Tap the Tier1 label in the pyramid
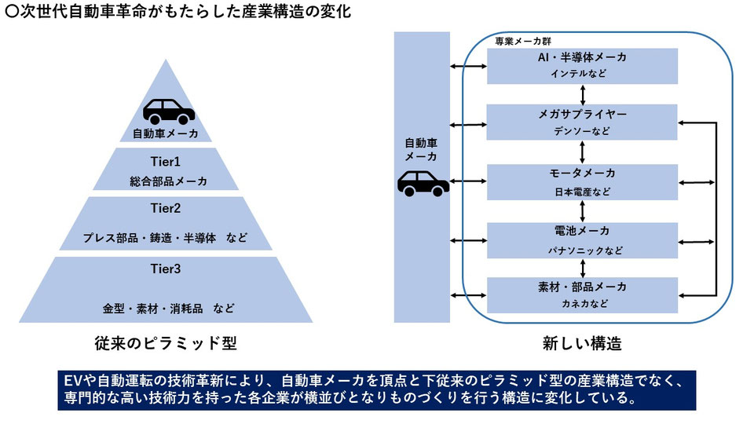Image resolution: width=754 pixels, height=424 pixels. [x=165, y=161]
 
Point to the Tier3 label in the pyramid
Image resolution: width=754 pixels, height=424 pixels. [x=165, y=269]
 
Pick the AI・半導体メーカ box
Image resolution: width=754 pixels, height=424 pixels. [x=582, y=65]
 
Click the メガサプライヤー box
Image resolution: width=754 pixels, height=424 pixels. [x=582, y=122]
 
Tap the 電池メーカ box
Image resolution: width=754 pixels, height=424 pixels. [x=582, y=240]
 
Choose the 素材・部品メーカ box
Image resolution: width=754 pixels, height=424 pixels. [x=582, y=294]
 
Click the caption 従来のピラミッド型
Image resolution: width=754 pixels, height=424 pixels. [x=165, y=344]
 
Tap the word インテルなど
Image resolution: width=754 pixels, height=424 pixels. [x=582, y=74]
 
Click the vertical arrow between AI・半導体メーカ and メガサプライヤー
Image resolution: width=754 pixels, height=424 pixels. [x=582, y=94]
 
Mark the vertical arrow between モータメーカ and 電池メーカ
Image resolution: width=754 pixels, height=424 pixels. [x=582, y=211]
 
